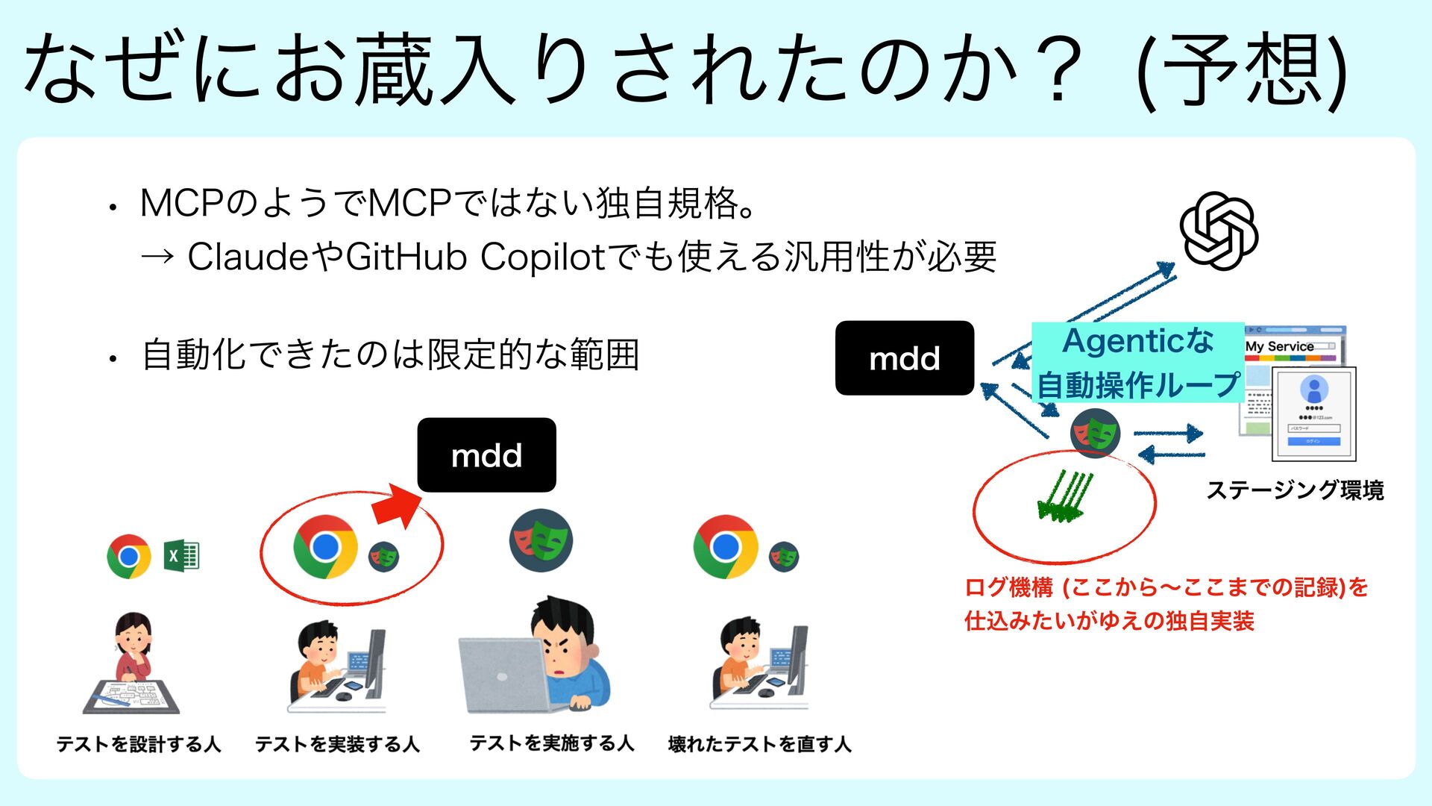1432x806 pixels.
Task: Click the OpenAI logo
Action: (x=1219, y=231)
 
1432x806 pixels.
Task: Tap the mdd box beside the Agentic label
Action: (x=904, y=358)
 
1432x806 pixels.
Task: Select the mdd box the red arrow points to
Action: (x=486, y=454)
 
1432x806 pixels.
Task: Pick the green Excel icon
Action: (x=181, y=556)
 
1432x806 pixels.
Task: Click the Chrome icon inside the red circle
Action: (x=325, y=547)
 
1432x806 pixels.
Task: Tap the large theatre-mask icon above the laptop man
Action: (x=541, y=540)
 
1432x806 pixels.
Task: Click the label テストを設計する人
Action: (x=139, y=744)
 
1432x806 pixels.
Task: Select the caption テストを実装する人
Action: (x=337, y=744)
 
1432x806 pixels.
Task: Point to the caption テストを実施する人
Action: (x=551, y=743)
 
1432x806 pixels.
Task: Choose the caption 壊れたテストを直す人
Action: (x=759, y=744)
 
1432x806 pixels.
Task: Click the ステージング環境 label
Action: (x=1295, y=490)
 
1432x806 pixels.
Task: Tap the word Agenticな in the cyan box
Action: (x=1137, y=341)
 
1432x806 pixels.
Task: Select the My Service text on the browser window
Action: (x=1279, y=346)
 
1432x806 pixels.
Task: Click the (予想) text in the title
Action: (x=1242, y=71)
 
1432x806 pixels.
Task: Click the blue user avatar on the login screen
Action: (x=1313, y=389)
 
